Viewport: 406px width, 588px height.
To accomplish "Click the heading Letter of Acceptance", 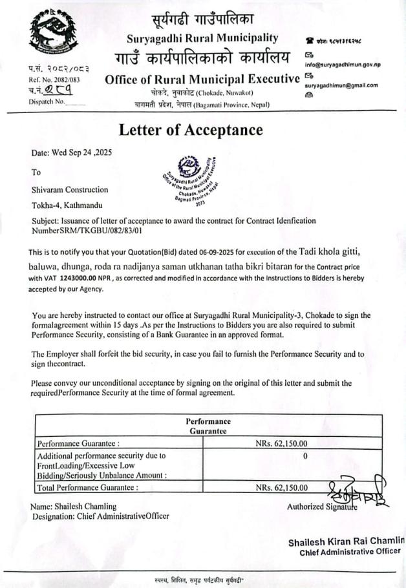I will [x=191, y=130].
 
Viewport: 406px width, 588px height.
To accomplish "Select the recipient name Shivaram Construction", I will [x=70, y=190].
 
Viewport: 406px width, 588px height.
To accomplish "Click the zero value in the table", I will [x=304, y=456].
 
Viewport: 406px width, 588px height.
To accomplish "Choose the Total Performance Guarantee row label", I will [x=87, y=488].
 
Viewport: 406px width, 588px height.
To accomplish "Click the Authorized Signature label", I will [x=321, y=507].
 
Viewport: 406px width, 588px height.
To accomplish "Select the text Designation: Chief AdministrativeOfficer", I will [x=100, y=516].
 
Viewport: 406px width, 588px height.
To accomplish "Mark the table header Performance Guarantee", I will [x=208, y=426].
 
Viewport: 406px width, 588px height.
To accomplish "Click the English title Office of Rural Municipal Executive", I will [x=202, y=80].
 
